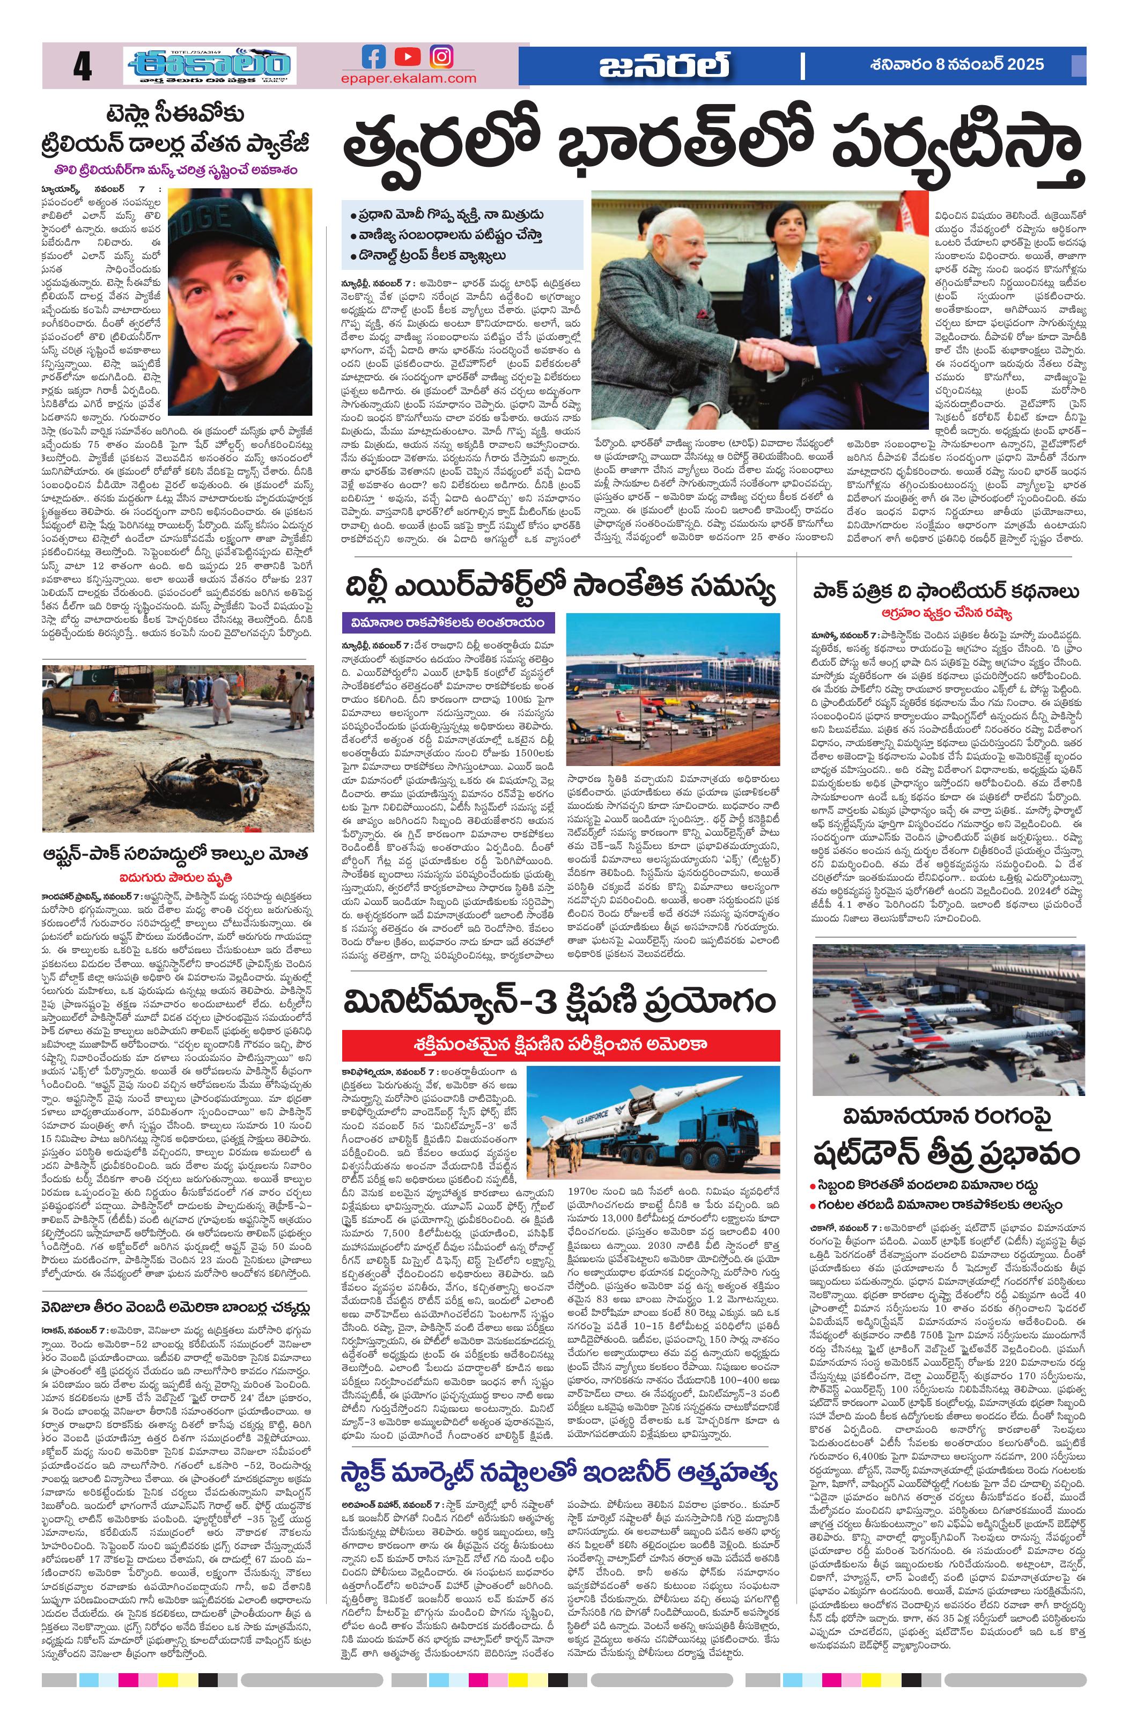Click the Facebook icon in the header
point(373,56)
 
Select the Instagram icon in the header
point(441,56)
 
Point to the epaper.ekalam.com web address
point(409,78)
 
